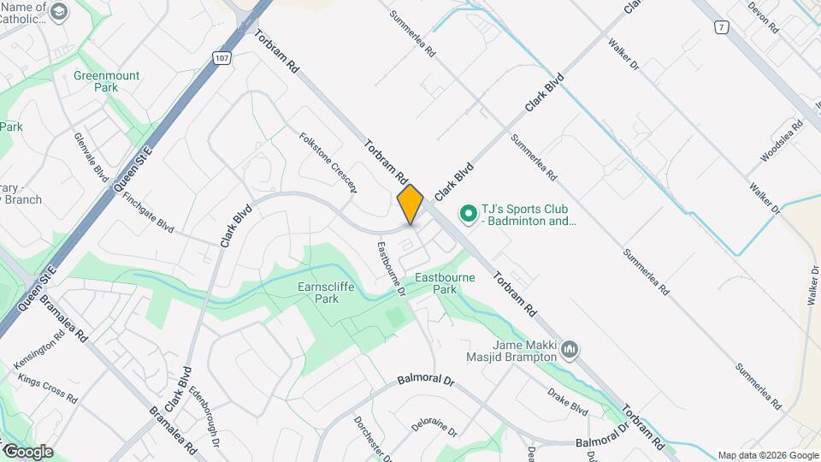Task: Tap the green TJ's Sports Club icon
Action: [468, 212]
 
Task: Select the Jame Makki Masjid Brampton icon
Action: [570, 350]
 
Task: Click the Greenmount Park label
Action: [107, 81]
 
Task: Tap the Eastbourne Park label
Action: [445, 283]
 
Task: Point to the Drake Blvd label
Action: [568, 399]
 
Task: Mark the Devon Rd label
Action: [763, 17]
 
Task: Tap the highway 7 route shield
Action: [722, 27]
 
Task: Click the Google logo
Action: [27, 451]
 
